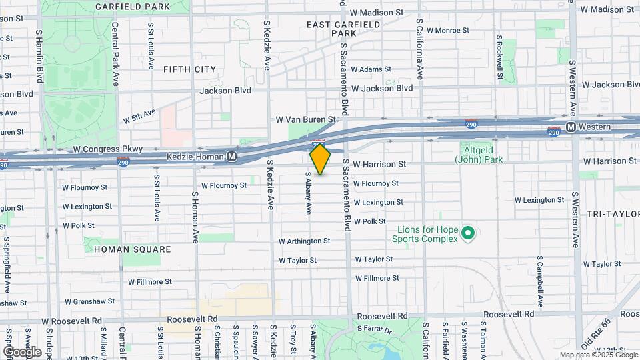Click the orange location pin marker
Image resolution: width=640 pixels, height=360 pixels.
coord(320,159)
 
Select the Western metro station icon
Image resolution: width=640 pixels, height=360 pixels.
coord(571,127)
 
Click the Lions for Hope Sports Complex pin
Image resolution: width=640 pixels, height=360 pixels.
coord(468,233)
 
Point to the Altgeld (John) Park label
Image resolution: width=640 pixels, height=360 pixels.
coord(479,155)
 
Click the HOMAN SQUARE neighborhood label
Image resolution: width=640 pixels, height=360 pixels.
coord(132,249)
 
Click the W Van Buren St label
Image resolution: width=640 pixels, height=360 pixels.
coord(305,120)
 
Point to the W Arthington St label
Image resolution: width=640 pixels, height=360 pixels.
coord(304,241)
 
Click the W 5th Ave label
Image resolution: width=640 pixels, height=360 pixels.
coord(139,116)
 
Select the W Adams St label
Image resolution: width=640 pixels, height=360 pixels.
coord(370,69)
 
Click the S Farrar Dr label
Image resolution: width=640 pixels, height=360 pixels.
coord(378,328)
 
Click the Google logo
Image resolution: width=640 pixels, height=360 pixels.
coord(22,351)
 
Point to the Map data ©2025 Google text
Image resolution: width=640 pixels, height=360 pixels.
coord(599,355)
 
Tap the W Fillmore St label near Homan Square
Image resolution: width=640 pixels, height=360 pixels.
coord(149,282)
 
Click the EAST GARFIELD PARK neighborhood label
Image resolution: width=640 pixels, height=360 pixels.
coord(343,28)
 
